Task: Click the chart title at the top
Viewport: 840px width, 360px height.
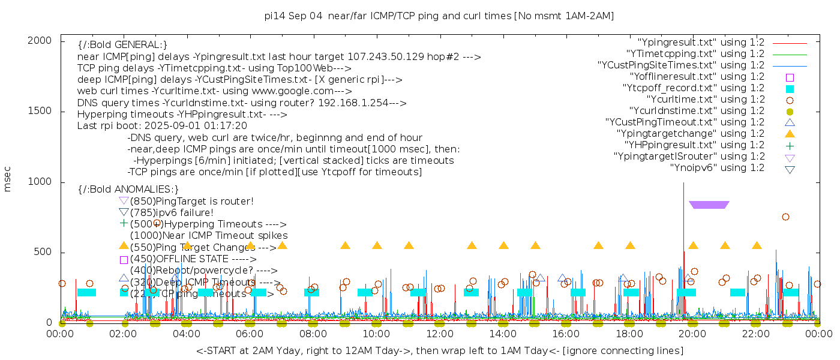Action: (x=439, y=16)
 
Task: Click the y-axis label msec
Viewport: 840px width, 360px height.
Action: (x=8, y=178)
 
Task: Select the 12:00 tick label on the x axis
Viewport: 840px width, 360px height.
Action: (x=439, y=334)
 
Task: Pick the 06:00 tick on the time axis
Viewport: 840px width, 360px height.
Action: (x=250, y=334)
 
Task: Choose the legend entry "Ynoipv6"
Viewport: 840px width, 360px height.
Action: (x=717, y=168)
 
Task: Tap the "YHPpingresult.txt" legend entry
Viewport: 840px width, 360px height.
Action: (x=694, y=145)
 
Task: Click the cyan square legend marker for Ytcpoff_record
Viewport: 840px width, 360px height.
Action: (x=790, y=89)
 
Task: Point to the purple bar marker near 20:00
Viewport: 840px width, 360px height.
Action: (x=709, y=205)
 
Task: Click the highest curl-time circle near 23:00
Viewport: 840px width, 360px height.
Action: (x=785, y=217)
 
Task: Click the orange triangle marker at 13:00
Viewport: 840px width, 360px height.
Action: (x=472, y=245)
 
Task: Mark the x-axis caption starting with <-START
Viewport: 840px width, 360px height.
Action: (x=439, y=350)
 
